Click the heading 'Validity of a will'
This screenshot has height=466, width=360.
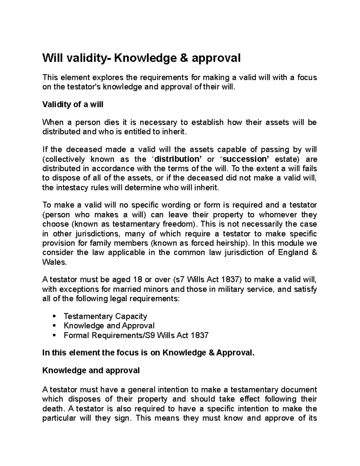73,105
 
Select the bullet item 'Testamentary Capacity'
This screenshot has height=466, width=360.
105,316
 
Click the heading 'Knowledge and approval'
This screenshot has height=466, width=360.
91,371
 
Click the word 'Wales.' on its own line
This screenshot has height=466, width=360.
53,262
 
